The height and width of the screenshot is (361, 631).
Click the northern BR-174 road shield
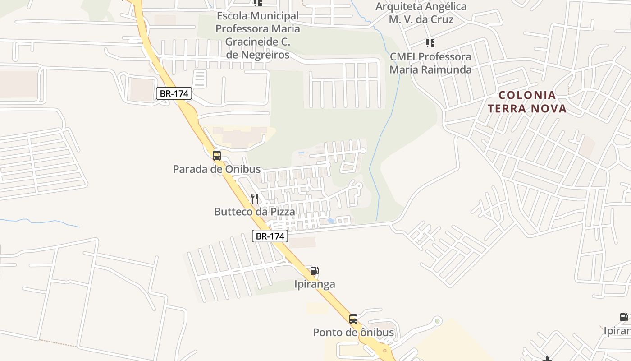pyautogui.click(x=174, y=93)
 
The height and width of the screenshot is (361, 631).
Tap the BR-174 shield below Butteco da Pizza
pyautogui.click(x=270, y=236)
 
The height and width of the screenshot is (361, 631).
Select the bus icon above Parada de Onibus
pyautogui.click(x=217, y=156)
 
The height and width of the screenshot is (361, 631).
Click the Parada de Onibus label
pyautogui.click(x=217, y=169)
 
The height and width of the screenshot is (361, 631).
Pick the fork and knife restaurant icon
pyautogui.click(x=255, y=198)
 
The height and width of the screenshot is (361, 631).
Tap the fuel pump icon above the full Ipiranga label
pyautogui.click(x=314, y=271)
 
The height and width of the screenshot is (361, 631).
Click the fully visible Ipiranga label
pyautogui.click(x=315, y=284)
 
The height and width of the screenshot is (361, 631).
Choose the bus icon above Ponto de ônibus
pyautogui.click(x=353, y=319)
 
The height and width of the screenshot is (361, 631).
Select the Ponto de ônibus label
pyautogui.click(x=353, y=333)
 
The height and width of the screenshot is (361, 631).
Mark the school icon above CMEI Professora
pyautogui.click(x=430, y=43)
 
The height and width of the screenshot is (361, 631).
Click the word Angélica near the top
pyautogui.click(x=444, y=7)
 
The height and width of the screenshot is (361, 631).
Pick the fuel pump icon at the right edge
pyautogui.click(x=624, y=317)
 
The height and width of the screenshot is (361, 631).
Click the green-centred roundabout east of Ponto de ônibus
pyautogui.click(x=437, y=321)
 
